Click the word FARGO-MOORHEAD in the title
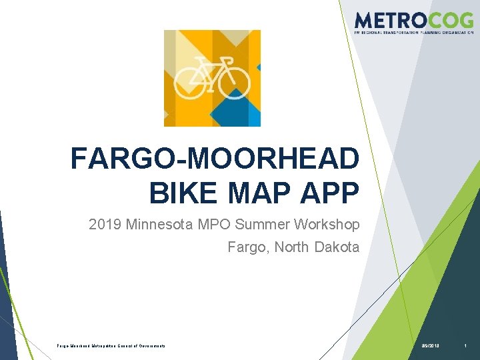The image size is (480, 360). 215,160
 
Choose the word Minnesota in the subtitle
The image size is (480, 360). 160,225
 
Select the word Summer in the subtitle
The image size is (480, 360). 263,225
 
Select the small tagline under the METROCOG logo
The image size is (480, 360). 413,32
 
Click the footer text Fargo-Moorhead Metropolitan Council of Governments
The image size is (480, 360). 111,345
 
